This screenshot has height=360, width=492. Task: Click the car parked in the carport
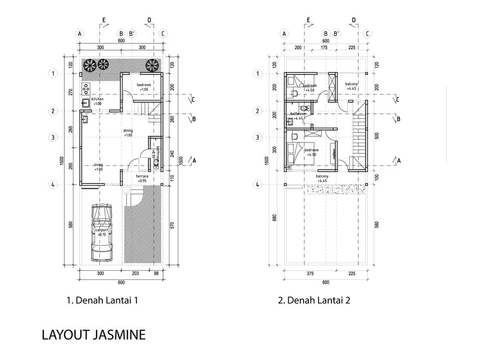[x=101, y=232]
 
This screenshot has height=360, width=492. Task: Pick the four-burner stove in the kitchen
[x=86, y=89]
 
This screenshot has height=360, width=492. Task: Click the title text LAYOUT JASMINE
[x=93, y=334]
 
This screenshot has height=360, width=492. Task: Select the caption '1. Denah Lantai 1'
[x=103, y=301]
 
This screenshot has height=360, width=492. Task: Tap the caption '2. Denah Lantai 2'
[x=314, y=301]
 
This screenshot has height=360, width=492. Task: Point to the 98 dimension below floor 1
[x=156, y=274]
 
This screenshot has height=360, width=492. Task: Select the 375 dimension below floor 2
[x=310, y=274]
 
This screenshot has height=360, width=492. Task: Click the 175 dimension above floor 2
[x=324, y=48]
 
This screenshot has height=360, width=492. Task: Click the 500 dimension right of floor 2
[x=376, y=136]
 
